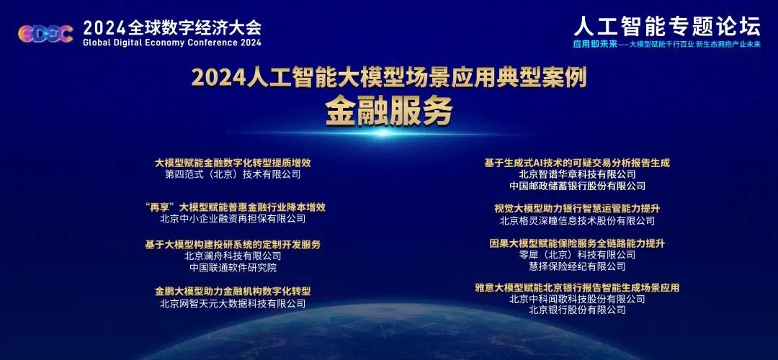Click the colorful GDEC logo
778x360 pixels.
click(x=45, y=34)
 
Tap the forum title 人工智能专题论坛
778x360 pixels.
click(x=667, y=25)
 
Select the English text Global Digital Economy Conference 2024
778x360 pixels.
click(x=172, y=42)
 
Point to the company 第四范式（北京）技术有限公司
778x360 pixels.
click(x=233, y=174)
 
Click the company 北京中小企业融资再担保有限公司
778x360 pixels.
click(x=233, y=219)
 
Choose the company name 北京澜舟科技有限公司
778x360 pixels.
click(x=233, y=256)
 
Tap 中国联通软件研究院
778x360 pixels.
click(x=233, y=268)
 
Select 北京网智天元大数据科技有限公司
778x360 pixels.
click(x=233, y=303)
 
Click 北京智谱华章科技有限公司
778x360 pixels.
click(x=577, y=174)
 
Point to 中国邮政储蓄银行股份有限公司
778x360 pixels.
click(x=577, y=186)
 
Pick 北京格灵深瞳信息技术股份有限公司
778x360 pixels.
click(x=577, y=220)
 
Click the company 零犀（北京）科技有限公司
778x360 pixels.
click(x=577, y=254)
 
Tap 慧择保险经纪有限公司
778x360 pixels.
click(x=577, y=266)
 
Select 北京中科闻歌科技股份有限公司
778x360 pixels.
click(x=577, y=299)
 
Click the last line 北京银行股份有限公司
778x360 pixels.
click(x=577, y=310)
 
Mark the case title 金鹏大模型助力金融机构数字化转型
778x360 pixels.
click(x=233, y=291)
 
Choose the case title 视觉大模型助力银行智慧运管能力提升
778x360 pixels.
click(x=577, y=208)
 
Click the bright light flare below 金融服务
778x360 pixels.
click(x=383, y=132)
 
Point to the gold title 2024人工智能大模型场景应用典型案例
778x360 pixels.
click(x=389, y=78)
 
